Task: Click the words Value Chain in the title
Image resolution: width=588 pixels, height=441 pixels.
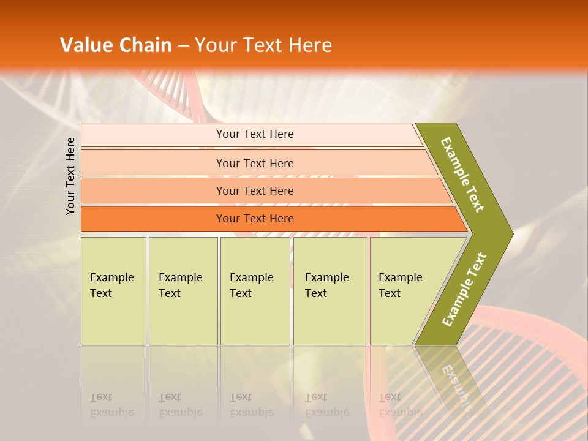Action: click(x=116, y=45)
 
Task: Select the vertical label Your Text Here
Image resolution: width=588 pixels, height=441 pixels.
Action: click(x=70, y=176)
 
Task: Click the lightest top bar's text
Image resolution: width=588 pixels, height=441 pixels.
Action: click(x=255, y=134)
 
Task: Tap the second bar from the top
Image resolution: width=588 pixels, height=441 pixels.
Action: click(x=255, y=163)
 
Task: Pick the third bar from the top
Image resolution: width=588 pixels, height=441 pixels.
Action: click(x=255, y=190)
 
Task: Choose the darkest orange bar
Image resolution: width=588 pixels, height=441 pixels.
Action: click(x=255, y=219)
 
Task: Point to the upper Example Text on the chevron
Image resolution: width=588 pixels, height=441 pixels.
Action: click(x=462, y=175)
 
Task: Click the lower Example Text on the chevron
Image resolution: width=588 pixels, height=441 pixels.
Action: click(x=464, y=290)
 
